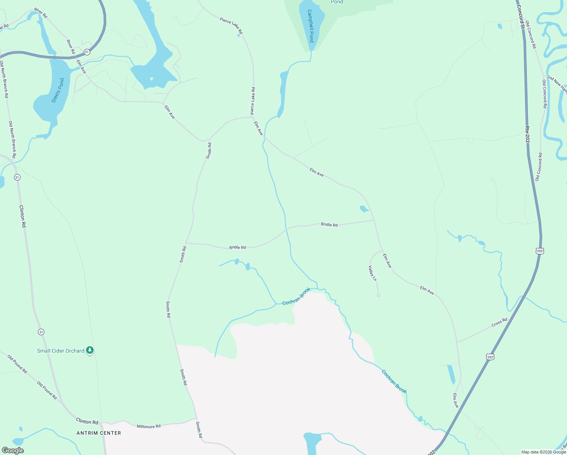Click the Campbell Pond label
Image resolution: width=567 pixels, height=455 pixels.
click(x=311, y=26)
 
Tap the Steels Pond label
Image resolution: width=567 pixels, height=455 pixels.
click(x=58, y=91)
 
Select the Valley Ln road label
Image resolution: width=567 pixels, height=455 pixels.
click(x=373, y=273)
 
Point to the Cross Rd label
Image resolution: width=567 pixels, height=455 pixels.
click(x=499, y=323)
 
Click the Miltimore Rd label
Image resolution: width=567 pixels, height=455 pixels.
click(x=149, y=426)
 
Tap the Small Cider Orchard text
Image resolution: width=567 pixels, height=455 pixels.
click(x=61, y=351)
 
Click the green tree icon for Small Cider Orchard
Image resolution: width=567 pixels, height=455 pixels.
click(x=90, y=350)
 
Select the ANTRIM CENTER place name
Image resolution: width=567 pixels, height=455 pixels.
click(x=99, y=433)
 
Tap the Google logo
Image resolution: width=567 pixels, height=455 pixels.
click(x=13, y=450)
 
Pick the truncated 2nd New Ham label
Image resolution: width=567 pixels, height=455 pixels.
click(x=557, y=84)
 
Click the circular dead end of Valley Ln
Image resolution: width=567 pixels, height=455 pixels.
click(x=378, y=295)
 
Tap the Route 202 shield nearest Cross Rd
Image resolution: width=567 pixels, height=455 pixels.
click(x=490, y=357)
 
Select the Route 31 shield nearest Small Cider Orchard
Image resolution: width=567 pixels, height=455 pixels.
click(x=41, y=332)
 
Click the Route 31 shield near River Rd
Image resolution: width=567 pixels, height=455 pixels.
click(x=87, y=52)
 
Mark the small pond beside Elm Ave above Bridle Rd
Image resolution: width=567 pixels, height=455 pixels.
click(x=363, y=209)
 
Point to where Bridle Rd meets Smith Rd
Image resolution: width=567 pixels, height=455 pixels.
click(x=186, y=243)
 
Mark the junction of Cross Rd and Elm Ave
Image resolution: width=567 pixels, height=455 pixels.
click(x=457, y=342)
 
